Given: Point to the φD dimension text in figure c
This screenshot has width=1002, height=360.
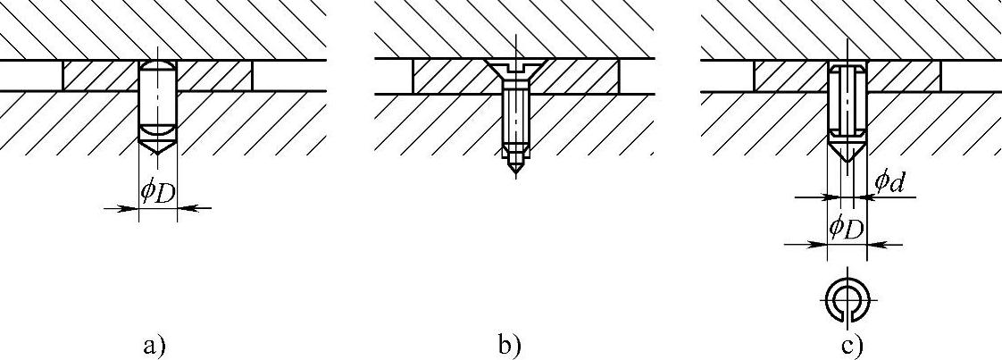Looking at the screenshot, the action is coord(845,227).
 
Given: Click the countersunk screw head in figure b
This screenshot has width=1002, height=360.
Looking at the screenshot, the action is coord(515,68).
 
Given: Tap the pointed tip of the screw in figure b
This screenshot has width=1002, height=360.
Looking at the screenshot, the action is coord(515,169).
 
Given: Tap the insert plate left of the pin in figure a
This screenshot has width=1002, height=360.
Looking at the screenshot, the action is coord(100,76).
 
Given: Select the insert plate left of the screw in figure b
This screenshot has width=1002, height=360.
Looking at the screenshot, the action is coord(451,76).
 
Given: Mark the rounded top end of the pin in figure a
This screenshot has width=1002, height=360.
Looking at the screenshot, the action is coord(158,68).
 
